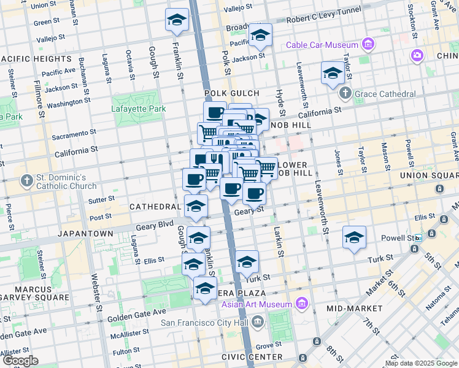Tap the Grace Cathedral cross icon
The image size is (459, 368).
click(x=345, y=93)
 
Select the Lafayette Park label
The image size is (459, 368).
click(x=139, y=109)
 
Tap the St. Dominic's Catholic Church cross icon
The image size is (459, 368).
click(x=26, y=182)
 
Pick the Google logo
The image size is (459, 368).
click(x=20, y=361)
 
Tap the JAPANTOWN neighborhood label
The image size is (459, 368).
click(x=85, y=234)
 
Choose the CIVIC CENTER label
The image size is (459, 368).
click(x=253, y=357)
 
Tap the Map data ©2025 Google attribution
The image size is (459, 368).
click(x=420, y=363)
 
